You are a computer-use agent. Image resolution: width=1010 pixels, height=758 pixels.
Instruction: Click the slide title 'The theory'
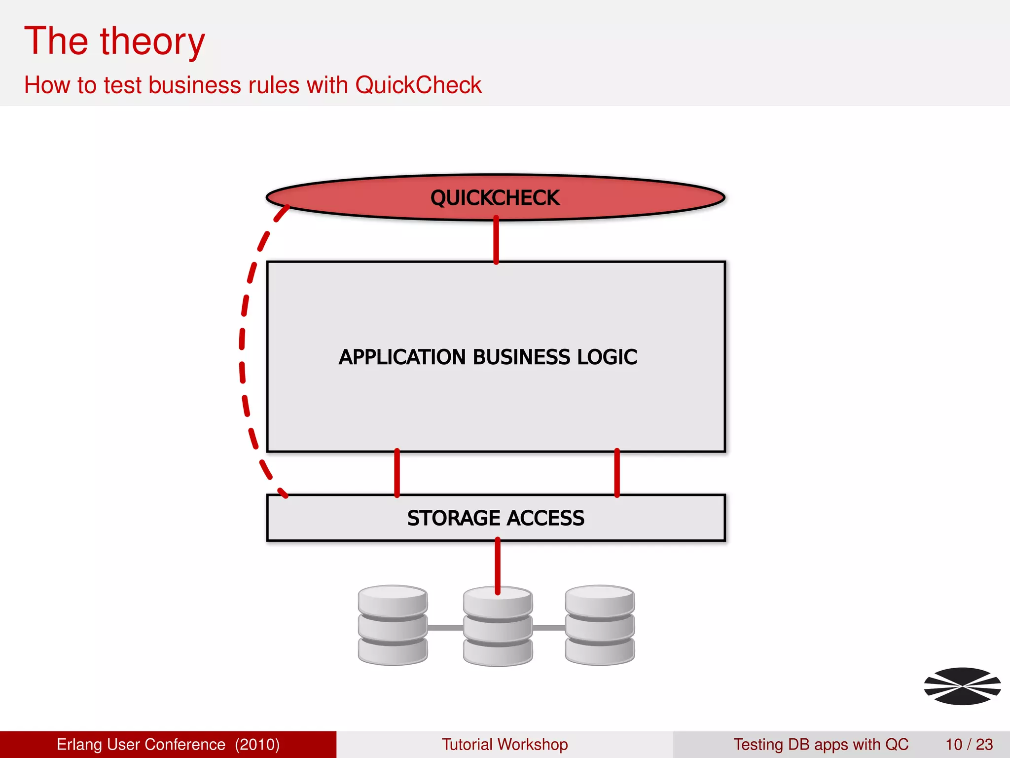pyautogui.click(x=114, y=41)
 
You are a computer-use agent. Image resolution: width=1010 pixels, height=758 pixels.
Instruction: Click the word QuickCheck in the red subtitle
pyautogui.click(x=418, y=85)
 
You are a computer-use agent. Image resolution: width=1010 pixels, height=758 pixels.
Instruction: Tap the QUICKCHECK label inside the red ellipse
pyautogui.click(x=495, y=198)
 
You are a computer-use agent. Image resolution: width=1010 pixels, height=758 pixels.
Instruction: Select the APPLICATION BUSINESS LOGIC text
pyautogui.click(x=488, y=357)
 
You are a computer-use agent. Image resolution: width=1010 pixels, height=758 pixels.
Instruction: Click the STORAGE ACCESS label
pyautogui.click(x=496, y=518)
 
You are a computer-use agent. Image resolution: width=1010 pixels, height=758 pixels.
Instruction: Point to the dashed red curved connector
pyautogui.click(x=242, y=345)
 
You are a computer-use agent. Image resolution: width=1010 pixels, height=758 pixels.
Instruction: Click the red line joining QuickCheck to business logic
pyautogui.click(x=496, y=240)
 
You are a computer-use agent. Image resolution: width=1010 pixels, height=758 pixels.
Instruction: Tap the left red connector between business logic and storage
pyautogui.click(x=397, y=473)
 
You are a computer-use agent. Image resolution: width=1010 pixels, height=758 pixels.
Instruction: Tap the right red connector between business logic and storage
pyautogui.click(x=617, y=473)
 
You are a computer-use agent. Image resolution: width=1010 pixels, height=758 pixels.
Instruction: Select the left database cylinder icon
pyautogui.click(x=393, y=625)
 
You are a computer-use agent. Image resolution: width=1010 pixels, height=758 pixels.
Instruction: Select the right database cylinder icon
pyautogui.click(x=600, y=625)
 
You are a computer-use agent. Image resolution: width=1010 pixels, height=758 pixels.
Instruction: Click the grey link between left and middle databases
pyautogui.click(x=445, y=628)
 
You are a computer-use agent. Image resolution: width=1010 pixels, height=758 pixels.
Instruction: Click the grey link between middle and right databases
pyautogui.click(x=549, y=628)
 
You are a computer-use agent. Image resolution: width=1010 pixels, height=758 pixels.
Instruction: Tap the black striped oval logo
pyautogui.click(x=962, y=686)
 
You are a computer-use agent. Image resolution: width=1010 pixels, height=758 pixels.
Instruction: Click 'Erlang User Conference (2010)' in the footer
pyautogui.click(x=168, y=744)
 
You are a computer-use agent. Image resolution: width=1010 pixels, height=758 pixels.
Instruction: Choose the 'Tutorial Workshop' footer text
pyautogui.click(x=505, y=744)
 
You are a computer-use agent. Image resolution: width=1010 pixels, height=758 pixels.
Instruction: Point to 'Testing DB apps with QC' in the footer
pyautogui.click(x=821, y=744)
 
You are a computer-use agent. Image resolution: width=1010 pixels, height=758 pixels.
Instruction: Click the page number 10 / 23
pyautogui.click(x=969, y=744)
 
